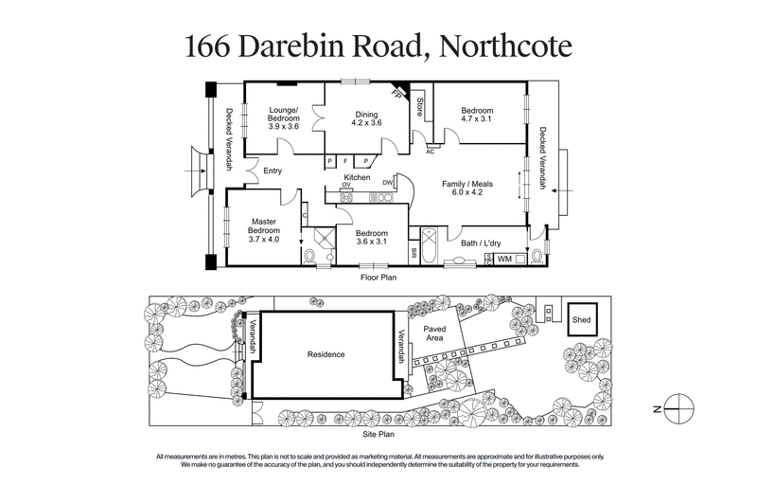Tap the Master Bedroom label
click(264, 230)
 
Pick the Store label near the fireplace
click(419, 106)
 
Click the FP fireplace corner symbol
click(399, 92)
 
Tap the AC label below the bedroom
click(430, 151)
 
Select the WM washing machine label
click(504, 258)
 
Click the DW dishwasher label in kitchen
click(388, 182)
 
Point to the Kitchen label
click(357, 177)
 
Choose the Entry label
click(273, 171)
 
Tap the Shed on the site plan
click(581, 320)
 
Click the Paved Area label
click(434, 333)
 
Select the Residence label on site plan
click(326, 354)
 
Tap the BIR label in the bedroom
click(414, 253)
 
